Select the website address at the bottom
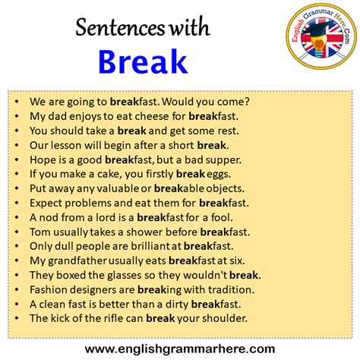[x=180, y=348]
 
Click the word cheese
[x=160, y=116]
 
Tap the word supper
[x=221, y=159]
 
